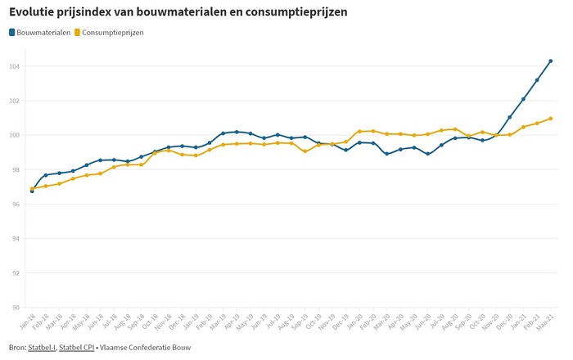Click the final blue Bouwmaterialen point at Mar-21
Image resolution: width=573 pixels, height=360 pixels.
(x=551, y=61)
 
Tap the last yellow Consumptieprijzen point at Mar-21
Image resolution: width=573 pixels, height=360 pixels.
(x=551, y=119)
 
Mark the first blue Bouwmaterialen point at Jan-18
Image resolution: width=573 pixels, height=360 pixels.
(x=32, y=191)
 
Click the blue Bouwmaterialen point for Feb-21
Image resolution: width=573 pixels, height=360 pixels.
(x=537, y=80)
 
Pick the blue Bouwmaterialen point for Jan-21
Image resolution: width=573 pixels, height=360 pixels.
(x=523, y=99)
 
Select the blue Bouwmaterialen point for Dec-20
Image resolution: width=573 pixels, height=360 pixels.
(x=509, y=117)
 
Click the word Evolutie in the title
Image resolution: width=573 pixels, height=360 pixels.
(x=34, y=12)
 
